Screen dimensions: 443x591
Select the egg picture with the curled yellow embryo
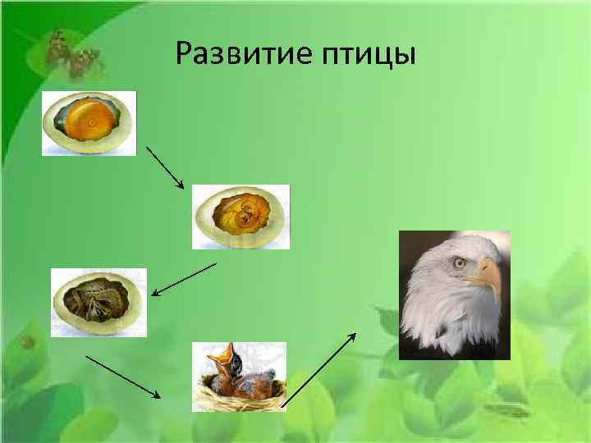point(240,216)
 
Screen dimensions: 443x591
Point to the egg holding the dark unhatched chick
point(98,302)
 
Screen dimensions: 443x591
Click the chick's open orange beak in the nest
point(222,359)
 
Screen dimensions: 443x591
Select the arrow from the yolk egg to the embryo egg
point(165,168)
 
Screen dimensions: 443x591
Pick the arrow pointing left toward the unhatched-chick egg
point(184,279)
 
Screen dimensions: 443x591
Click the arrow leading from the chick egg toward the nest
point(123,377)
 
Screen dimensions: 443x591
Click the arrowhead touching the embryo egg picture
point(181,185)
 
